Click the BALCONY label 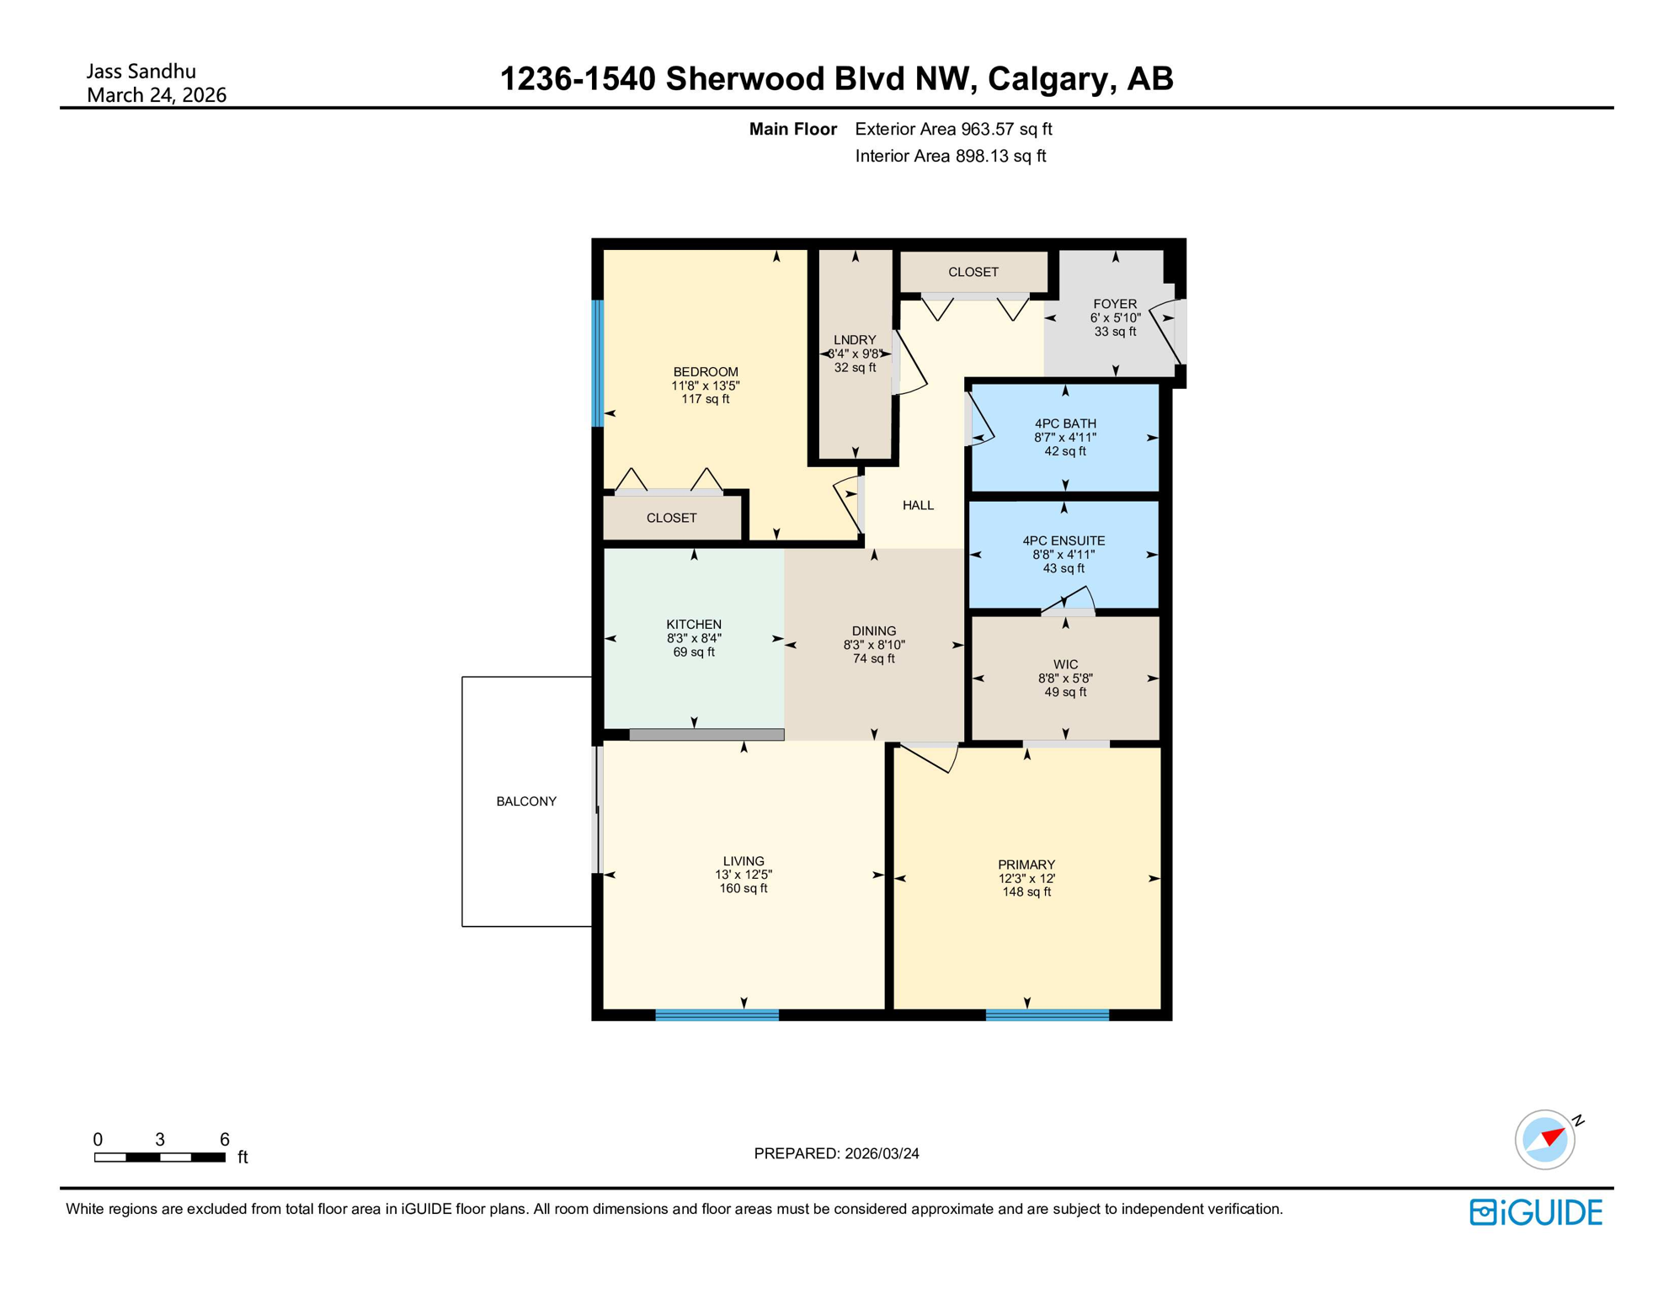click(526, 801)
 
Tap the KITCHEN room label click(694, 625)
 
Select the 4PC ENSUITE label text click(1064, 541)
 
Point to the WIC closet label click(1065, 665)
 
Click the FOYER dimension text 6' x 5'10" click(1115, 318)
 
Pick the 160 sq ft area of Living click(744, 889)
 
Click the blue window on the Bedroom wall click(598, 363)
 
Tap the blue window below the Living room click(717, 1015)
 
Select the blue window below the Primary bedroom click(1047, 1015)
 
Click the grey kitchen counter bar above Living click(706, 735)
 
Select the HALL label click(918, 505)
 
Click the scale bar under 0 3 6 click(160, 1157)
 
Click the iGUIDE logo click(1536, 1212)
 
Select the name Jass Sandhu click(141, 72)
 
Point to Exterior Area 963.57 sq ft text click(953, 129)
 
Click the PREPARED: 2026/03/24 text click(836, 1153)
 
